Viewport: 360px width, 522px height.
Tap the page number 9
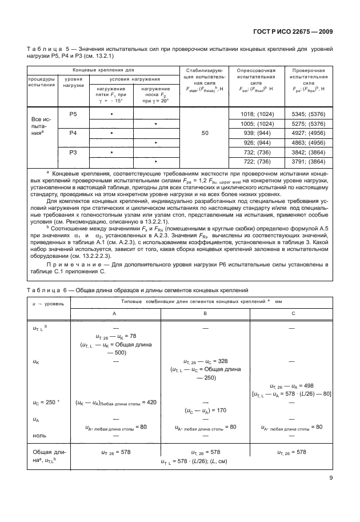(x=331, y=479)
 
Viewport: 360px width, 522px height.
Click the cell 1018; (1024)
(x=258, y=114)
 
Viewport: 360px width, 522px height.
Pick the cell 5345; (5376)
(x=309, y=114)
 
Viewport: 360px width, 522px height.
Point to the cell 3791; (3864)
(x=309, y=162)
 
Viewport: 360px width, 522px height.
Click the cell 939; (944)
(x=258, y=133)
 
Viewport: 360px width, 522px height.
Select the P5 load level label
(x=73, y=114)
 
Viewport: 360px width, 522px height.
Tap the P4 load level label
(x=73, y=133)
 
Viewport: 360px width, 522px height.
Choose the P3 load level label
(x=73, y=153)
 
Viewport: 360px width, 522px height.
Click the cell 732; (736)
(x=258, y=153)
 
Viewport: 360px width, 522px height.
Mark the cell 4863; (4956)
(x=309, y=142)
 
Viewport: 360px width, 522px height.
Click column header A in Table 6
(x=114, y=313)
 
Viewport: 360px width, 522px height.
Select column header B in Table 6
(x=204, y=313)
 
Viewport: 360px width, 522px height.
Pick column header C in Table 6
(x=293, y=313)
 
